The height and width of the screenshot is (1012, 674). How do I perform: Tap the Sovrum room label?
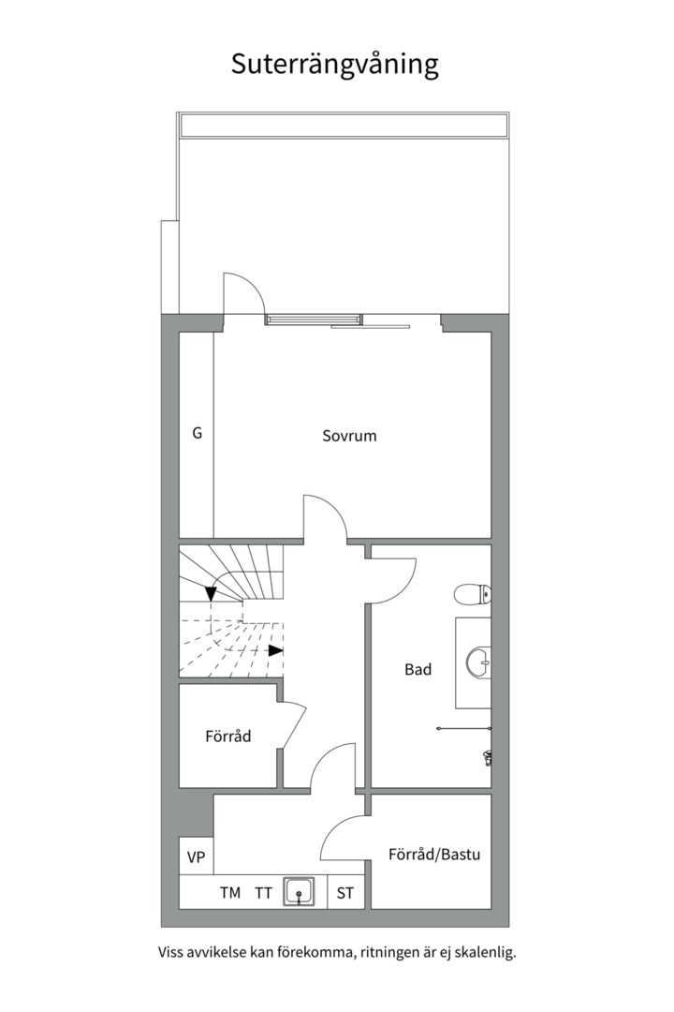click(349, 436)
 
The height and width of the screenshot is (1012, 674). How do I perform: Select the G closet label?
click(198, 433)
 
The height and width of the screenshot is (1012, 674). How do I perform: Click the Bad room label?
click(418, 669)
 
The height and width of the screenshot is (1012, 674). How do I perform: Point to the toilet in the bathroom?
click(473, 594)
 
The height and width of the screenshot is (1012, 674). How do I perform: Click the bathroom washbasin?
click(478, 662)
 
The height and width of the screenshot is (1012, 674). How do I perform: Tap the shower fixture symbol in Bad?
click(488, 757)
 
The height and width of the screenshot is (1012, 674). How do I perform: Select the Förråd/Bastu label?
click(434, 855)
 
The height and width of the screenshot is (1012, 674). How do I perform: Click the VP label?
click(196, 857)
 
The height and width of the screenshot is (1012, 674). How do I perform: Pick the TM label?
click(230, 893)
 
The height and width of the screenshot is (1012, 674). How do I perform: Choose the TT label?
click(263, 893)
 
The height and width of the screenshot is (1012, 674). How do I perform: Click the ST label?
click(345, 893)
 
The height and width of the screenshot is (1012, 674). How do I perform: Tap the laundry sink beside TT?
click(299, 892)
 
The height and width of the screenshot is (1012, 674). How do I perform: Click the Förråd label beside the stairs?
click(227, 736)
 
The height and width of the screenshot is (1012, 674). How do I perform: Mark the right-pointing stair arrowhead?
click(276, 650)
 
